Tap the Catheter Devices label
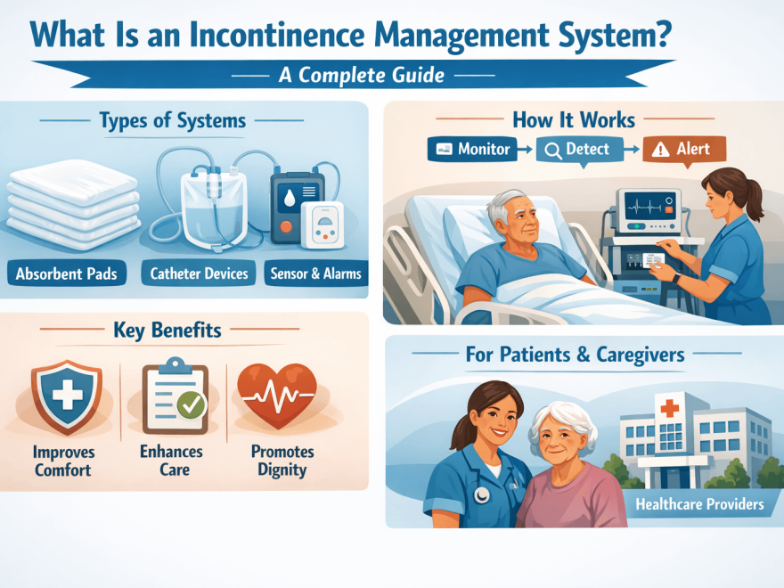point(200,274)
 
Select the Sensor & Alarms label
point(315,274)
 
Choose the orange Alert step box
point(684,149)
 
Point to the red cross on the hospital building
point(668,408)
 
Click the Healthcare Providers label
point(699,504)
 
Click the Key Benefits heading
point(167,331)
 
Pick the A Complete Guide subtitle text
point(361,75)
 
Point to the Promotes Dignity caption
point(282,460)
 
